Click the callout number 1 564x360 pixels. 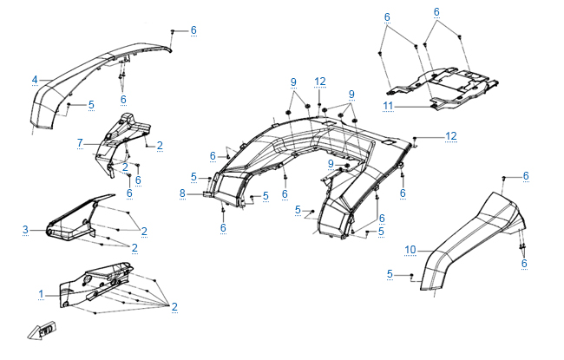click(41, 295)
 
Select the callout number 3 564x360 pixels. click(26, 230)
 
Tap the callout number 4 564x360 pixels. click(35, 80)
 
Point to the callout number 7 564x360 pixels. click(79, 142)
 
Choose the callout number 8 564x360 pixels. click(182, 193)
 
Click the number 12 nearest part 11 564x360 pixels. click(450, 136)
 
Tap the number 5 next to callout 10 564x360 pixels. click(390, 274)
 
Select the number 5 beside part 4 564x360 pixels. click(91, 105)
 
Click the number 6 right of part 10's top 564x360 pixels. click(526, 176)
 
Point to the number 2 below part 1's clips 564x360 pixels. click(174, 306)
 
